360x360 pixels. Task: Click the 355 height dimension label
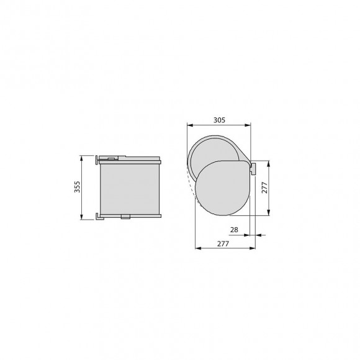point(77,186)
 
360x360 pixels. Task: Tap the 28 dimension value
point(234,230)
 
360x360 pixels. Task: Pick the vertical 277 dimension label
point(264,188)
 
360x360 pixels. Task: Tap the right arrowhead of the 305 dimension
point(251,125)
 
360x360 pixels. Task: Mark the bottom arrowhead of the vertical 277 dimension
point(269,214)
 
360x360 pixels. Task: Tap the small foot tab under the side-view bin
point(127,217)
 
